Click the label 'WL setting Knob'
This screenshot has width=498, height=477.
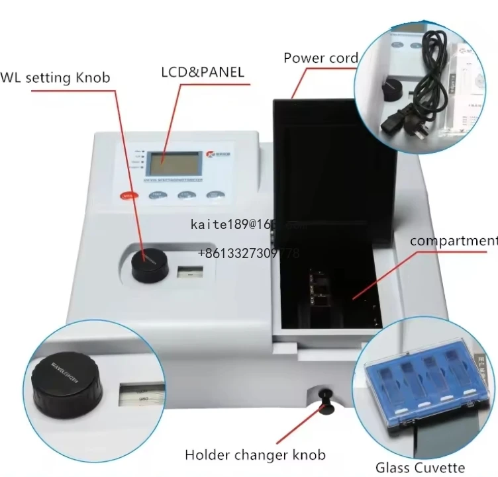point(56,78)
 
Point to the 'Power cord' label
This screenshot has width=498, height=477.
point(321,58)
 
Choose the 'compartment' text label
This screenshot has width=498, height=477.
point(453,241)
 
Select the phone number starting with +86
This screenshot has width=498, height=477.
point(249,254)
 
